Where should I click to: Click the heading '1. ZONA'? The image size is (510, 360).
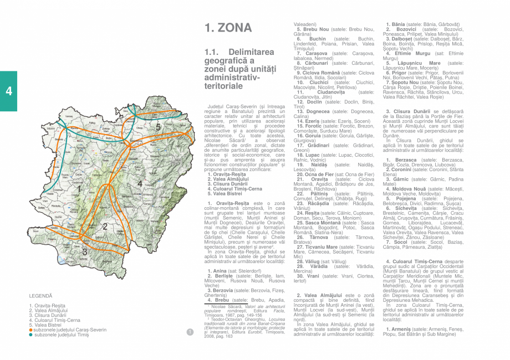click(228, 28)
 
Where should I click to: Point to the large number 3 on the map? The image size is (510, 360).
click(84, 252)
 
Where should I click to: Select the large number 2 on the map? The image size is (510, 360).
click(104, 226)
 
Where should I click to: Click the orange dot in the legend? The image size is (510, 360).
click(31, 330)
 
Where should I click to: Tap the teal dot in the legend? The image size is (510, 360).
click(31, 335)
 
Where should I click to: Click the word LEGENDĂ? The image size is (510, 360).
click(40, 296)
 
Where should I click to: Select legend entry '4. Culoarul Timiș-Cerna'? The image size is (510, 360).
click(55, 320)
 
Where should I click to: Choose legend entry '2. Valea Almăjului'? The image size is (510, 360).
click(50, 311)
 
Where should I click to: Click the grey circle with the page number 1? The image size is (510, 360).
click(190, 332)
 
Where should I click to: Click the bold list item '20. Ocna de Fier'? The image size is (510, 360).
click(314, 174)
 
